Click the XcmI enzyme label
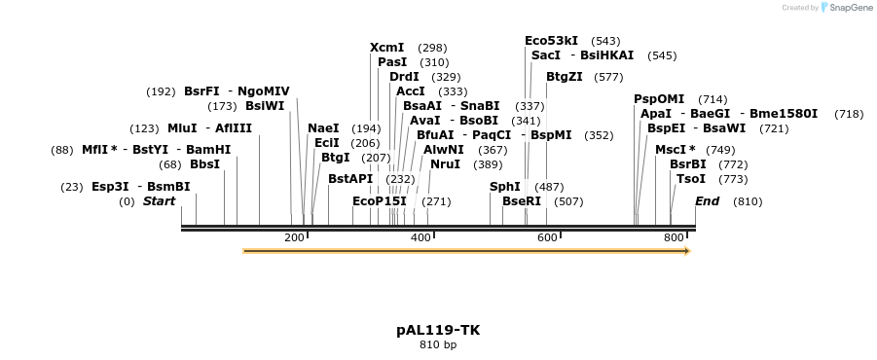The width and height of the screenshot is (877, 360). [x=386, y=48]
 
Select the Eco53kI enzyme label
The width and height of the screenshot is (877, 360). [x=551, y=41]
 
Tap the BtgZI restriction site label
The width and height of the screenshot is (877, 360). [x=565, y=77]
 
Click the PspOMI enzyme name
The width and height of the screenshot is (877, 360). [x=659, y=99]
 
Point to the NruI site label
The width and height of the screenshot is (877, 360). [x=445, y=164]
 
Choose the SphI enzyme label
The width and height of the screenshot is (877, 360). [x=505, y=187]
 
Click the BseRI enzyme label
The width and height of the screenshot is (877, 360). [x=522, y=201]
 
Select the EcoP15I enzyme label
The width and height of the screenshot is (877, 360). [x=380, y=201]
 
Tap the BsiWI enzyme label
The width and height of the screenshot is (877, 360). [x=265, y=106]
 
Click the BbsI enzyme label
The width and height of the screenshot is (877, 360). [x=205, y=164]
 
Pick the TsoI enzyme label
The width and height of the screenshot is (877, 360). [x=691, y=179]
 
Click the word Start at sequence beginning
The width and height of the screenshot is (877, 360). [x=160, y=201]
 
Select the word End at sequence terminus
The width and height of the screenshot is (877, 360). [x=707, y=201]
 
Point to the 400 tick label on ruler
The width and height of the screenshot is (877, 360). [x=420, y=238]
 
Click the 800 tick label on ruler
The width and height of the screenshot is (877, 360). [x=674, y=238]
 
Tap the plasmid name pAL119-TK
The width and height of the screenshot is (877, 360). [x=438, y=330]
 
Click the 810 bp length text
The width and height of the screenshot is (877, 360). [x=438, y=345]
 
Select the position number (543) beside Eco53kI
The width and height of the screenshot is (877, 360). [x=605, y=41]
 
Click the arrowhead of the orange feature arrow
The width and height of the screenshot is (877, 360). [x=686, y=251]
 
